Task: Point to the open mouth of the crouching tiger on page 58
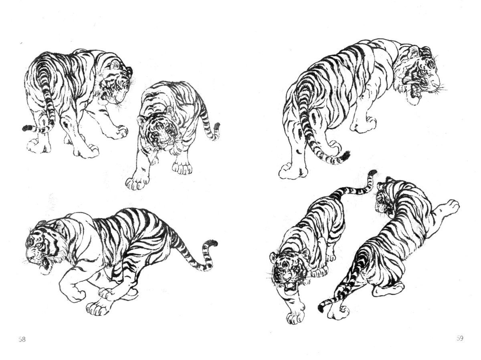(x=45, y=264)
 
